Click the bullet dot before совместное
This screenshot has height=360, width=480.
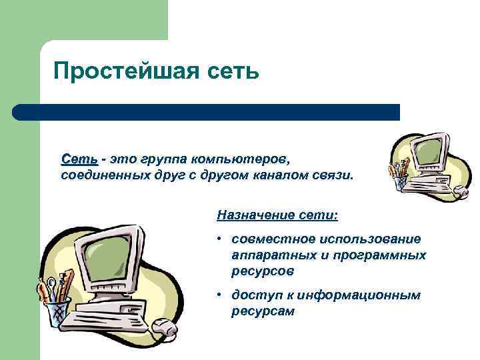tap(219, 239)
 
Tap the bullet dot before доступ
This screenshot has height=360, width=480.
tap(219, 295)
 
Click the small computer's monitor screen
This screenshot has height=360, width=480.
tap(426, 151)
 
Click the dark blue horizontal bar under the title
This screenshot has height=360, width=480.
tap(207, 111)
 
